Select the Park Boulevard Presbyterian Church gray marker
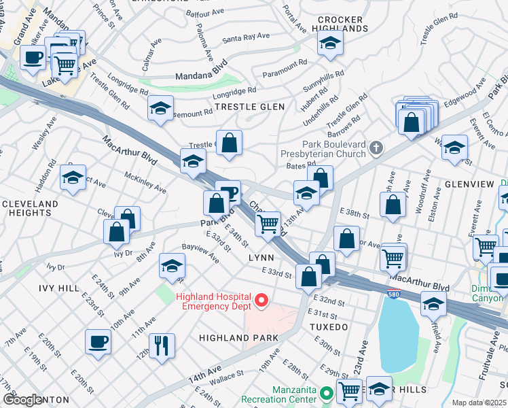(x=376, y=148)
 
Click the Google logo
(x=22, y=400)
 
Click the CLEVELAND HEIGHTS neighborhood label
(x=30, y=208)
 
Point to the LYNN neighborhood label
(x=261, y=258)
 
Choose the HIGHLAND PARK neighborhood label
(x=238, y=338)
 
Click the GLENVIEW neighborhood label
(x=468, y=184)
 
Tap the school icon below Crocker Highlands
(x=330, y=43)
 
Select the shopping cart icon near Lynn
(x=270, y=223)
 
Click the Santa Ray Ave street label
(x=241, y=38)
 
